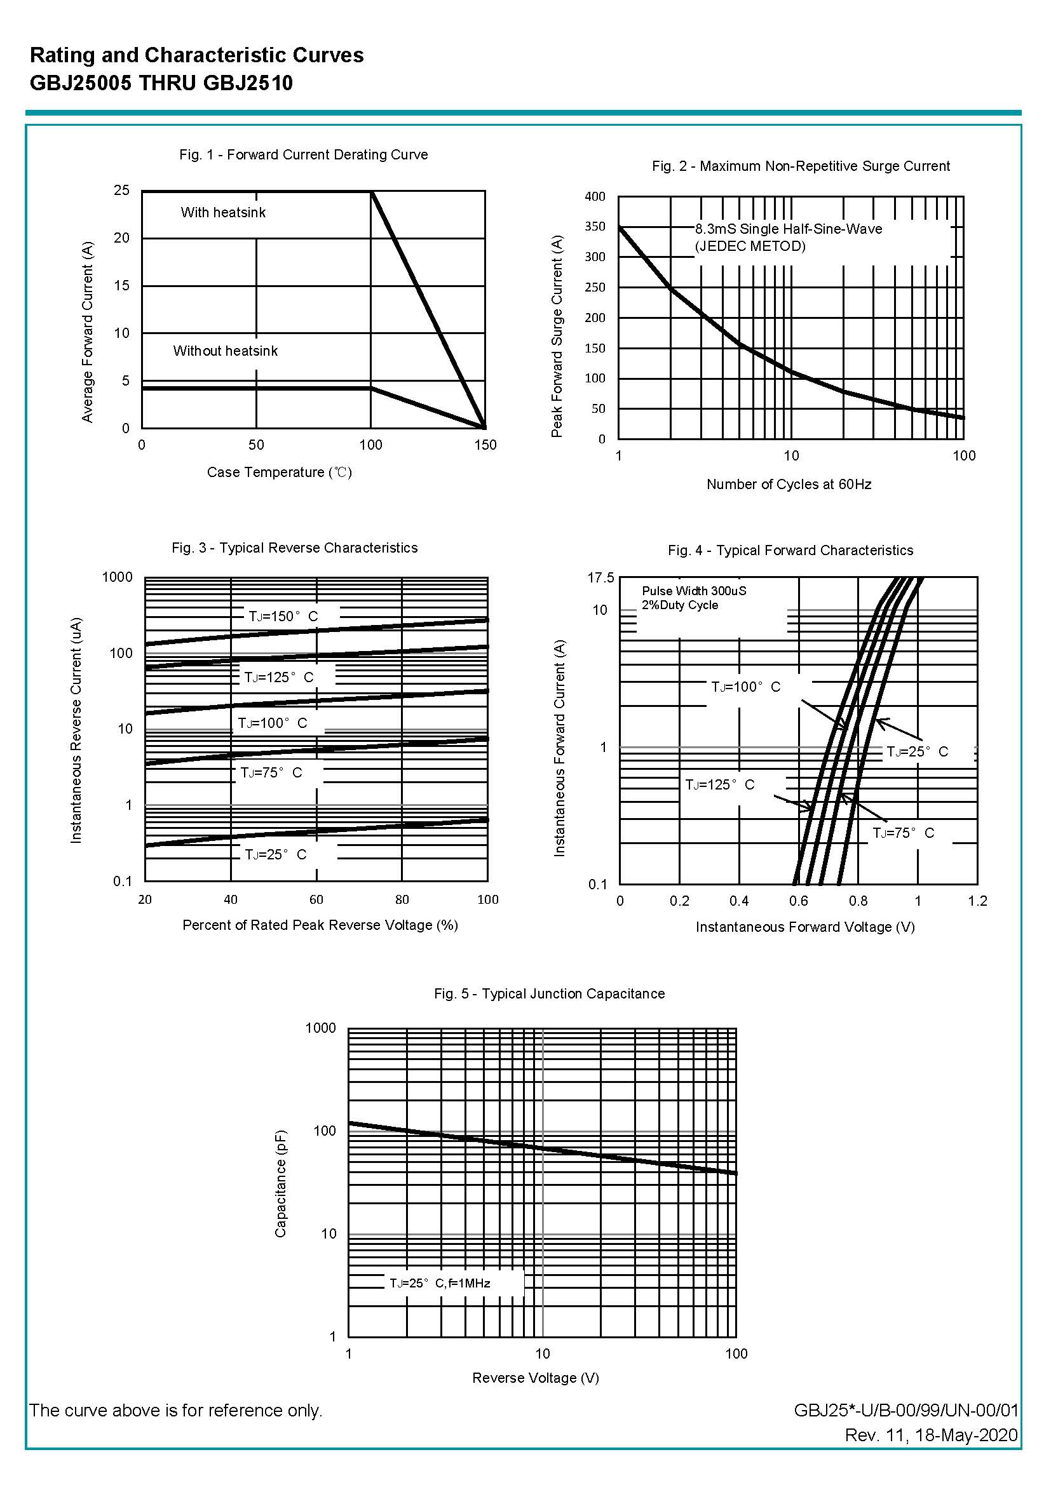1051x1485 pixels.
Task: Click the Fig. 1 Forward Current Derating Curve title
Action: click(x=304, y=154)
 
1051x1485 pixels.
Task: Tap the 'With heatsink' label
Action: click(x=223, y=213)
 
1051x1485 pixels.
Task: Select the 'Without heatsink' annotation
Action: click(x=225, y=351)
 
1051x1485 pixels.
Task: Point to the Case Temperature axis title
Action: click(x=280, y=472)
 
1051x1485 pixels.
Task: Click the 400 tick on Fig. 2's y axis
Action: click(x=595, y=197)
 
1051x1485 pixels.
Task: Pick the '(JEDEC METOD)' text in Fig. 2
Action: click(x=750, y=246)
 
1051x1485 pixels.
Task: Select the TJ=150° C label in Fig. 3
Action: click(x=283, y=616)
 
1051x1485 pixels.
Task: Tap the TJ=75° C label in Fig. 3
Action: click(x=271, y=773)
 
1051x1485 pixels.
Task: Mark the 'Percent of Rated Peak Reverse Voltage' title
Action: click(x=320, y=925)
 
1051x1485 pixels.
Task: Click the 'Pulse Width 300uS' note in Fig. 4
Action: click(x=694, y=591)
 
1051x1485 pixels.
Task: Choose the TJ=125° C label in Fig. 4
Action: click(x=720, y=785)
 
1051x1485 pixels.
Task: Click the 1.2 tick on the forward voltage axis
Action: click(x=977, y=901)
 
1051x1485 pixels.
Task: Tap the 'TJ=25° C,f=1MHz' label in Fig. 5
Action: click(x=440, y=1283)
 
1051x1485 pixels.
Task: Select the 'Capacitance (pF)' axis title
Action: click(x=280, y=1183)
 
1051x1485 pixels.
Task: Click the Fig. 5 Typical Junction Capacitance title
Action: click(x=549, y=994)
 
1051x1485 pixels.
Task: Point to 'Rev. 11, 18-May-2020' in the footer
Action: click(x=931, y=1435)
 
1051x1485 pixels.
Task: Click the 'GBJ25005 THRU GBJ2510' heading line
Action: click(x=161, y=83)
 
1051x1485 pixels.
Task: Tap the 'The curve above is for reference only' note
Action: click(x=175, y=1411)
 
